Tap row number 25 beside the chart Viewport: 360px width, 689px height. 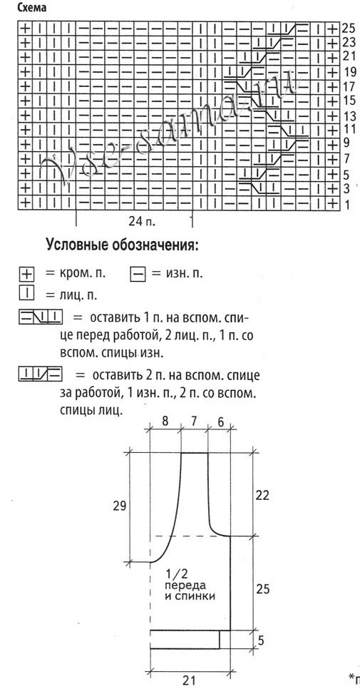349,28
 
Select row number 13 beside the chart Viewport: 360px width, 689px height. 349,116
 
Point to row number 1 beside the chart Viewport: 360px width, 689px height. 348,205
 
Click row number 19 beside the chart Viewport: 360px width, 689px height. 349,71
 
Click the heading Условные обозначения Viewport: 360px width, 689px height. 122,245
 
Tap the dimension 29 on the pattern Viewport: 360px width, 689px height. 119,506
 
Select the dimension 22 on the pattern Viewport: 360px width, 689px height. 262,495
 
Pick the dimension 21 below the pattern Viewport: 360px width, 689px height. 190,680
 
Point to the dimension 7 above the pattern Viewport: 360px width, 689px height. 194,422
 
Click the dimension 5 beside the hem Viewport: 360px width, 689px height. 260,640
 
